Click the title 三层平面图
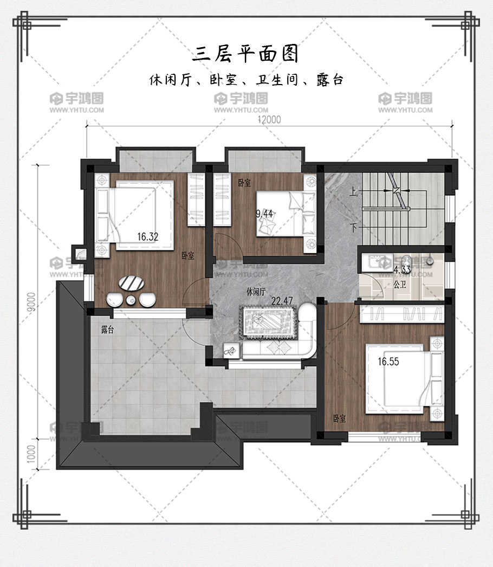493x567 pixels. (x=245, y=54)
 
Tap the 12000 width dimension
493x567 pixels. (x=269, y=119)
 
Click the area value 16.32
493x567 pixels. (x=148, y=237)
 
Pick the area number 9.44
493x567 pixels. (x=264, y=214)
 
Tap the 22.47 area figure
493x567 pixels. (x=282, y=300)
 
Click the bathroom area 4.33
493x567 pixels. (x=402, y=270)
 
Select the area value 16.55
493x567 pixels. (x=388, y=362)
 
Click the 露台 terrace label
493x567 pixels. (x=107, y=330)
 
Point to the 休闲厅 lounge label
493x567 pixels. (x=256, y=292)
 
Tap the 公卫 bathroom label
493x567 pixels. (x=400, y=285)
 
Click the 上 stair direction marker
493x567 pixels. (x=353, y=191)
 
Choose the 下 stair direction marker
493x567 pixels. (x=353, y=228)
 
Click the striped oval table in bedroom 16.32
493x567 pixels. (x=131, y=283)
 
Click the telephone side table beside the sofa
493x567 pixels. (x=232, y=350)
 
